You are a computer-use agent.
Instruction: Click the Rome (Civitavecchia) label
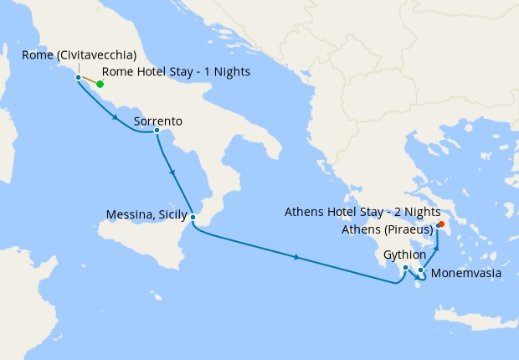click(80, 54)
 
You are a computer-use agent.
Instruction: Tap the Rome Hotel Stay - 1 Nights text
click(176, 72)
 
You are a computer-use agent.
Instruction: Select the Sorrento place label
click(157, 121)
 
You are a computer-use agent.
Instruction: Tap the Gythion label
click(405, 254)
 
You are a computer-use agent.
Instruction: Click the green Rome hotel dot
click(100, 84)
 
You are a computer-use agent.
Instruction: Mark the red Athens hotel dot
click(441, 224)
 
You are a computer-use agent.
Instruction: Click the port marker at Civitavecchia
click(78, 77)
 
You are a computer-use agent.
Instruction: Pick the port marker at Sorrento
click(157, 130)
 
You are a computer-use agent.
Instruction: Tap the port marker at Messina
click(193, 218)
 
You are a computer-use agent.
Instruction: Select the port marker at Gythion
click(405, 268)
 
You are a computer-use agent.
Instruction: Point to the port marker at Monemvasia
click(420, 270)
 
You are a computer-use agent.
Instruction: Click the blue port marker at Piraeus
click(437, 226)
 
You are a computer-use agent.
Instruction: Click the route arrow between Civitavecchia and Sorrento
click(115, 117)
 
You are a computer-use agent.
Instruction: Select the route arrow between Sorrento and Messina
click(172, 172)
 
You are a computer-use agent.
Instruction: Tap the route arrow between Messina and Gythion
click(298, 256)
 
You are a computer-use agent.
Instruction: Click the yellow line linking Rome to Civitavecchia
click(89, 80)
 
